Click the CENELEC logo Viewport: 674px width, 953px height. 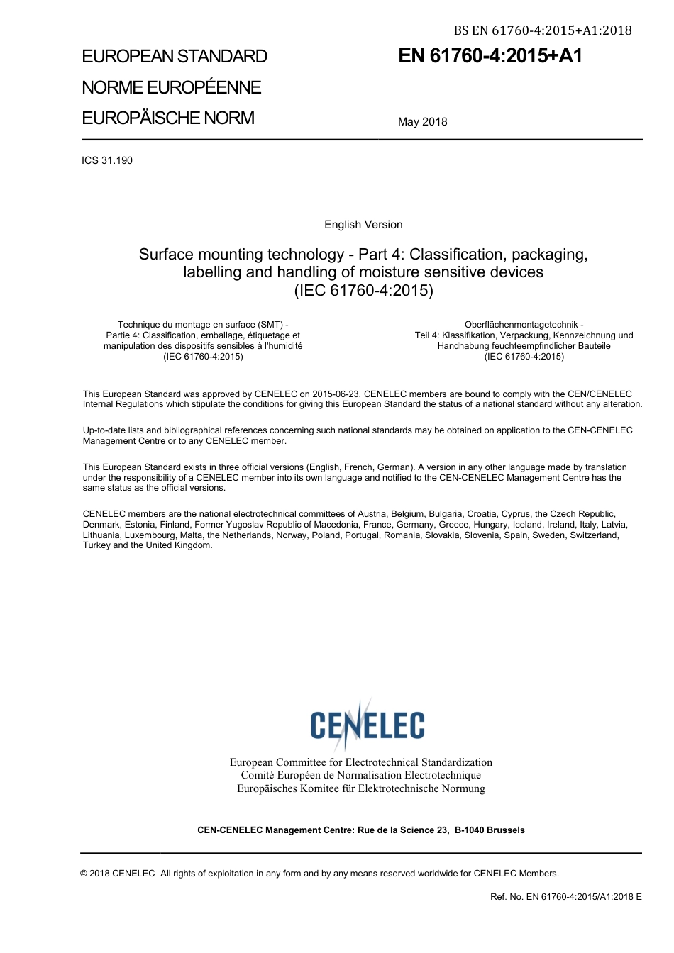coord(367,724)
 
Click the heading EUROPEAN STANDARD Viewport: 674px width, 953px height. coord(175,57)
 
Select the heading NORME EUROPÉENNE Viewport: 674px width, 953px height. coord(172,87)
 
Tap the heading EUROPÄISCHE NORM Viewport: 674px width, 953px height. coord(168,118)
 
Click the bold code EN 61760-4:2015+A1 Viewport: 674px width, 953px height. coord(490,56)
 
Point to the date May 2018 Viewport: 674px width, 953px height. coord(422,122)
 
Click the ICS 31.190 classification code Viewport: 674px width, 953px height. coord(107,160)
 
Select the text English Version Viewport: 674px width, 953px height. coord(363,225)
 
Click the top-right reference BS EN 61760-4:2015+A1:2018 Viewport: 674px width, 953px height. coord(543,30)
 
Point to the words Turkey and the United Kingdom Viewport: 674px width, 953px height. coord(148,545)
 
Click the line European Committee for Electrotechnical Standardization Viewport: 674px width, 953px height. coord(360,762)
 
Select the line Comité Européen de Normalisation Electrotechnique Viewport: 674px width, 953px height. coord(360,775)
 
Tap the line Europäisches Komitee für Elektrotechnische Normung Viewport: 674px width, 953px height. coord(360,788)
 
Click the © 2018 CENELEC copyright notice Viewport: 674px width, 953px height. coord(118,874)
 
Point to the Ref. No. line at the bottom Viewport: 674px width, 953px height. coord(565,897)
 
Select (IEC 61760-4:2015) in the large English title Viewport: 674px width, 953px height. coord(363,290)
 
